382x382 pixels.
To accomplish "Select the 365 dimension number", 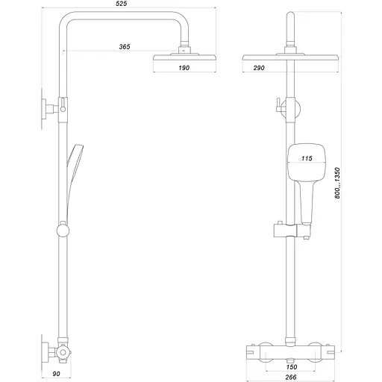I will [x=125, y=47].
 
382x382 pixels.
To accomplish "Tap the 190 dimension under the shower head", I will [x=184, y=68].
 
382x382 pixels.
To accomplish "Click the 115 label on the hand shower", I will [x=306, y=158].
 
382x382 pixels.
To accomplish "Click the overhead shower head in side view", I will [x=184, y=57].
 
